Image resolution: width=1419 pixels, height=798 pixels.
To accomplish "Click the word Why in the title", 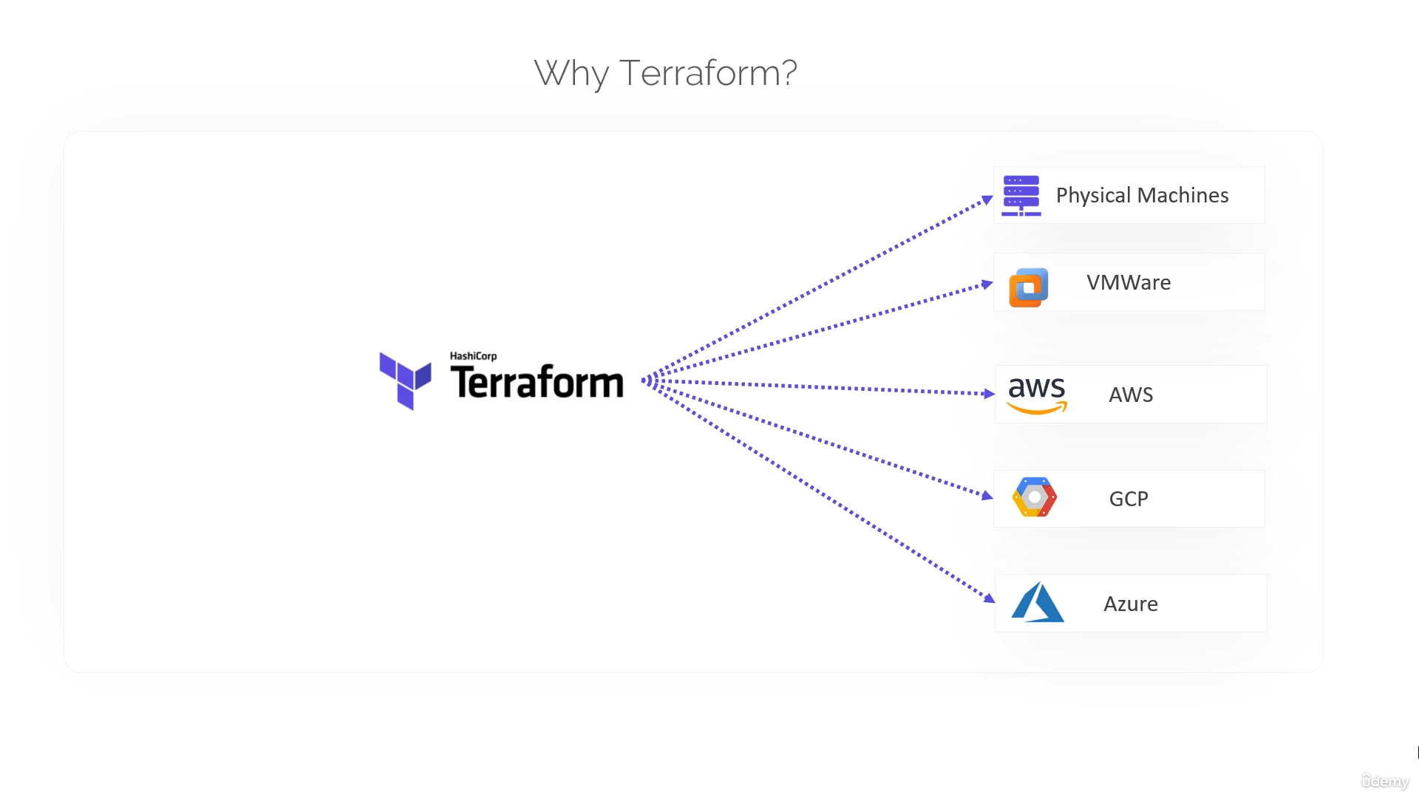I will click(x=571, y=74).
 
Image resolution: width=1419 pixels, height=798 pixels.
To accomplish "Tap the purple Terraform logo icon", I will click(x=405, y=380).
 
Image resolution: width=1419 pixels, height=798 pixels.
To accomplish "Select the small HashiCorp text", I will click(x=473, y=356).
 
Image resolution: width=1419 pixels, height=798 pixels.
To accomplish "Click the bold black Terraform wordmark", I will click(x=537, y=383).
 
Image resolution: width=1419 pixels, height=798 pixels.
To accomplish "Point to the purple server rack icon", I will click(x=1021, y=195).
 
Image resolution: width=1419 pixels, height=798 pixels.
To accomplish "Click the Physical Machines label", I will click(x=1142, y=195).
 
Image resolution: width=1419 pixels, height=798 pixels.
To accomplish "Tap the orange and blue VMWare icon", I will click(x=1029, y=287).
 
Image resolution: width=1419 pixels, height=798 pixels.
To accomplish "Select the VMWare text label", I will click(x=1129, y=282).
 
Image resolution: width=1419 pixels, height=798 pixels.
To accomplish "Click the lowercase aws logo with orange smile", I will click(x=1037, y=394).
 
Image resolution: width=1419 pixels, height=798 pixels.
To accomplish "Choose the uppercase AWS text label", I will click(x=1131, y=395).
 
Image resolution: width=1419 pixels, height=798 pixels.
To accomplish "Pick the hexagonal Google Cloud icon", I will click(x=1035, y=497).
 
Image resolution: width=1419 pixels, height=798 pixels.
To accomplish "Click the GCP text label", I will click(x=1129, y=499).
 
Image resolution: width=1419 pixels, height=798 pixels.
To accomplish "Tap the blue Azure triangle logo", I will click(x=1037, y=602).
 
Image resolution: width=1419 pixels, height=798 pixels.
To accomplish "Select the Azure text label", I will click(x=1131, y=604).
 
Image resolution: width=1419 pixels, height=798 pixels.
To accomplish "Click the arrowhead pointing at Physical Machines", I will click(x=987, y=199).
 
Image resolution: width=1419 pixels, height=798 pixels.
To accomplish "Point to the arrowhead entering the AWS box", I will click(x=990, y=394).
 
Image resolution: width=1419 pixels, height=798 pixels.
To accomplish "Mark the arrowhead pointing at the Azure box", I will click(x=990, y=598).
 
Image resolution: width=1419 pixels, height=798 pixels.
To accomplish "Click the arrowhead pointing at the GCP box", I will click(x=987, y=495).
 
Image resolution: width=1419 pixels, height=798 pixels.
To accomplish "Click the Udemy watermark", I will click(x=1385, y=781).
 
